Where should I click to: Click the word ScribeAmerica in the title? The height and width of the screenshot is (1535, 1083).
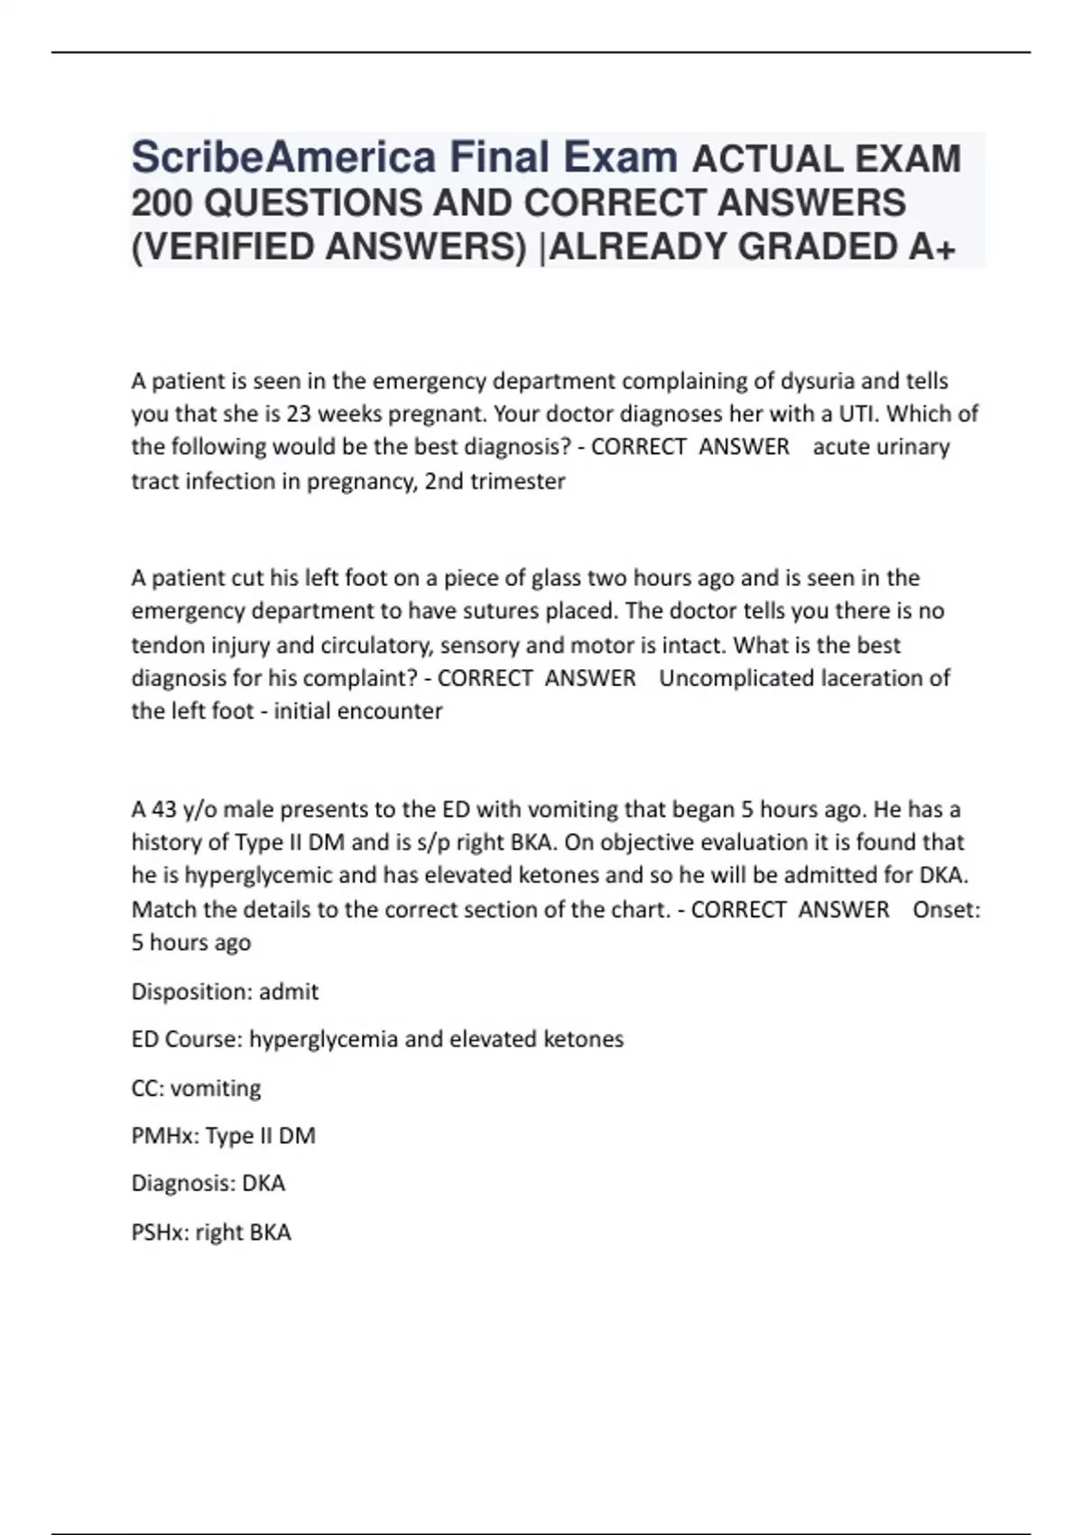tap(283, 158)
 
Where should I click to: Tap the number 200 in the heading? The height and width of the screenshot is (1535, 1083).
tap(162, 203)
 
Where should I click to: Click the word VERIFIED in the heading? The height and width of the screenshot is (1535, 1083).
tap(227, 247)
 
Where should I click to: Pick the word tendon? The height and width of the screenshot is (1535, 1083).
tap(163, 646)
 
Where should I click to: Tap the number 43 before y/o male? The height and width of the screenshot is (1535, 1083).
tap(163, 809)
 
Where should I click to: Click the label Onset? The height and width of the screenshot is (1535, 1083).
tap(946, 909)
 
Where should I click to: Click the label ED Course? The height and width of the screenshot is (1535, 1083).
tap(187, 1039)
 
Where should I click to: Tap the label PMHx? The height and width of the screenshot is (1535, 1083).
tap(164, 1136)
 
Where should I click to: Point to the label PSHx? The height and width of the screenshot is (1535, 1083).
tap(160, 1233)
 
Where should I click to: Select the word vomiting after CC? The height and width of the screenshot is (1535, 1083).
tap(216, 1088)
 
